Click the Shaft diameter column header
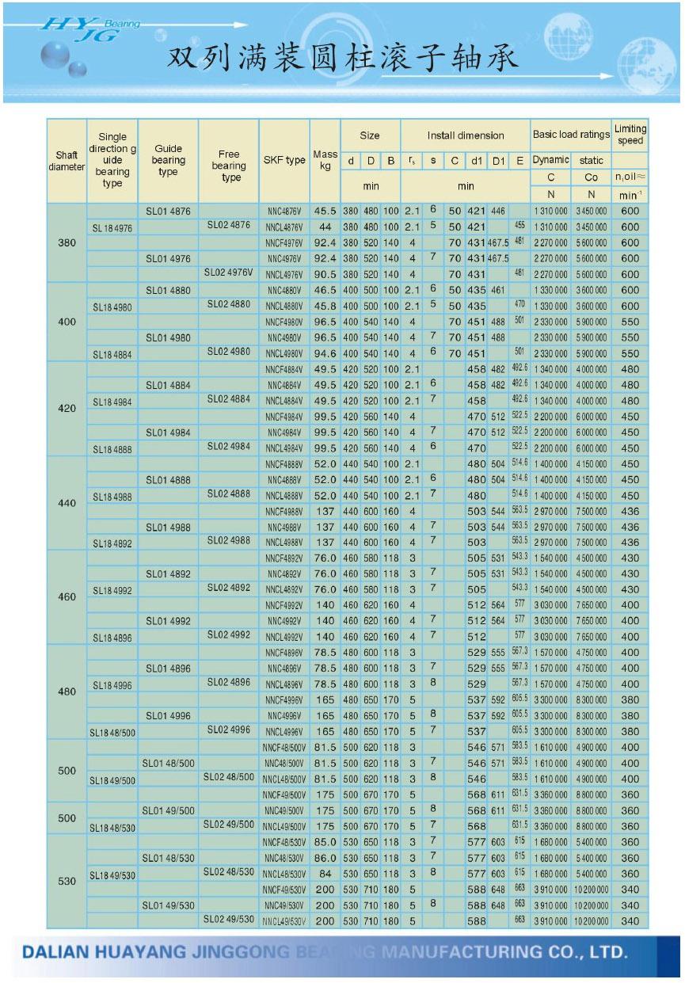click(67, 161)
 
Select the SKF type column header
click(284, 160)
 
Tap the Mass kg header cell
click(325, 160)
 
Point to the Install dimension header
click(465, 135)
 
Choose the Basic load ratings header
click(570, 135)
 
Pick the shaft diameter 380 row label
click(67, 242)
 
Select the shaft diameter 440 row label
click(67, 503)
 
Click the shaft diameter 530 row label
click(67, 881)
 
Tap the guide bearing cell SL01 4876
click(168, 211)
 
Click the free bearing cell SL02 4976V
click(229, 272)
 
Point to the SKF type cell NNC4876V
click(284, 211)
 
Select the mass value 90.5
click(325, 274)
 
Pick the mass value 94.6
click(325, 353)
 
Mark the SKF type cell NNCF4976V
click(284, 243)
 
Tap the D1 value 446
click(497, 211)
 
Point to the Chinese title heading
click(342, 59)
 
